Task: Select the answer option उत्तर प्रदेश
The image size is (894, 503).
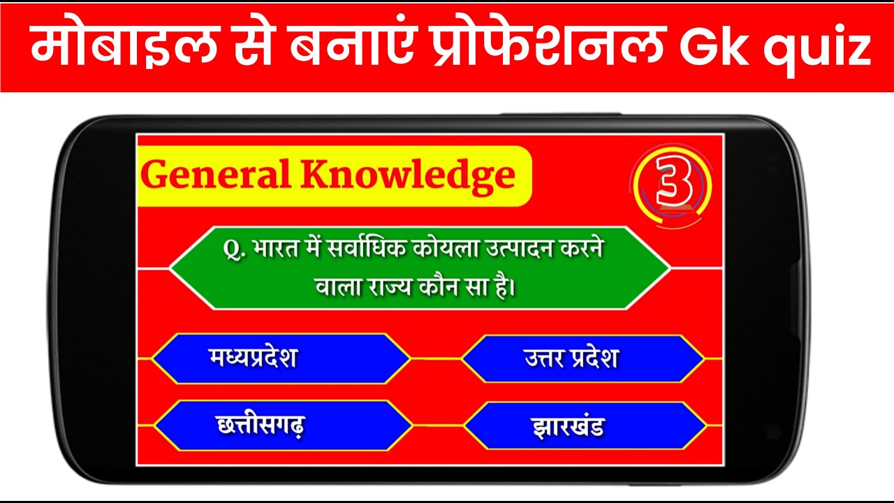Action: coord(571,359)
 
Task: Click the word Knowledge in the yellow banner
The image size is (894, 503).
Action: coord(409,176)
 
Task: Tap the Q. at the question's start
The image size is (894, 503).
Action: coord(233,249)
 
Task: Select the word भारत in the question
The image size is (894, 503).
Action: coord(277,250)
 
